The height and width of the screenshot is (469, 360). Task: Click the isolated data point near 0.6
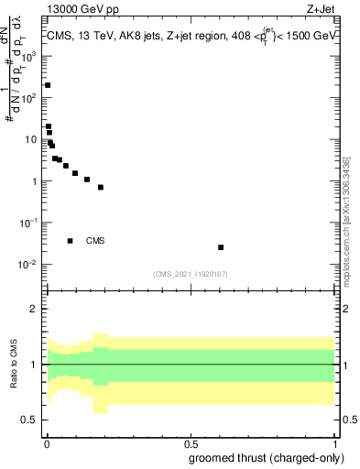221,247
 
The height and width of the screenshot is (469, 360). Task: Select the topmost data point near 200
48,85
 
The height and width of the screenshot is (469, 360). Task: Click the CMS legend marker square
71,241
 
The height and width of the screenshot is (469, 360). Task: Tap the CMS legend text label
95,241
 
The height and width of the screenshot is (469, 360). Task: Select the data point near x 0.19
101,187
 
